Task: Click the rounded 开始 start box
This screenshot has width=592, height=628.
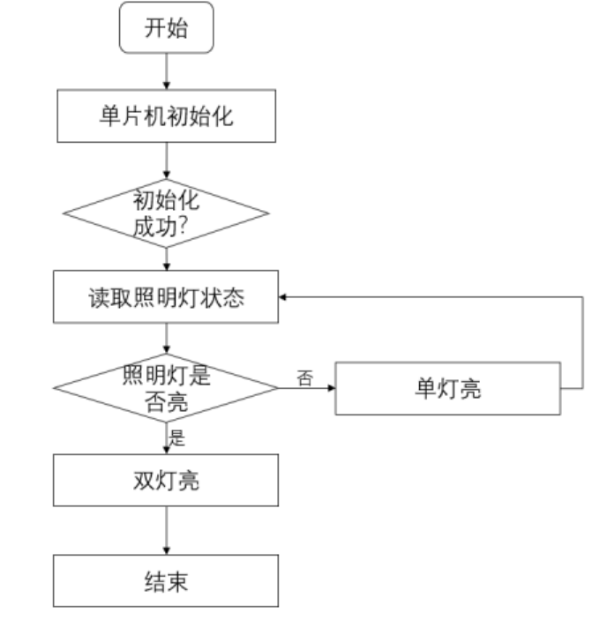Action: point(167,28)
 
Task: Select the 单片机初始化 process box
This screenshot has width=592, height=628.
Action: point(167,116)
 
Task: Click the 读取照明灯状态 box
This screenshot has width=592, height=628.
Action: point(167,297)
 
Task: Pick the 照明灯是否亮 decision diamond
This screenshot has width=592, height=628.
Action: point(167,389)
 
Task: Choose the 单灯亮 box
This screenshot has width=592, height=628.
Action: point(448,389)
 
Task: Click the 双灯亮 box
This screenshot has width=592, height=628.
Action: point(167,482)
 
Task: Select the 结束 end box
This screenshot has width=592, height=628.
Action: point(167,581)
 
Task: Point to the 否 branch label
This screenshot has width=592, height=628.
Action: point(305,378)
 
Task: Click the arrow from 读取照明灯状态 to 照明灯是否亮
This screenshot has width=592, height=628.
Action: point(167,340)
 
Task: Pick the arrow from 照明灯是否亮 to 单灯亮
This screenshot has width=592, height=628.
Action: point(307,389)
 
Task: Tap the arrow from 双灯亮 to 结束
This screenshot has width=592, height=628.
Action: point(167,532)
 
